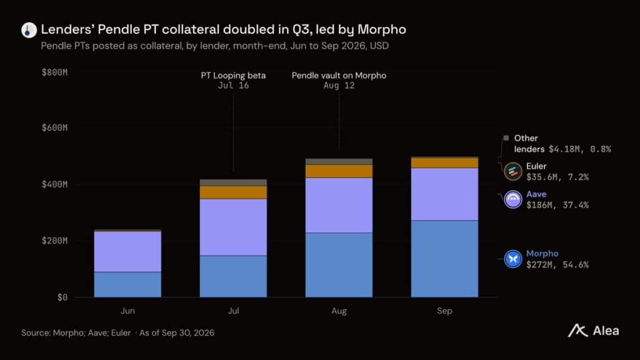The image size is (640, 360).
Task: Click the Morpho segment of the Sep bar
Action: pos(444,259)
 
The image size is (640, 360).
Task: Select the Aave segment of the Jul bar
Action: pos(233,227)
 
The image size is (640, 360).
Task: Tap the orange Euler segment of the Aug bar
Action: pos(339,171)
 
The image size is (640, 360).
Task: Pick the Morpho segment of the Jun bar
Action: pos(127,284)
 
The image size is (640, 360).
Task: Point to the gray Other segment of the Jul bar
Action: pos(233,183)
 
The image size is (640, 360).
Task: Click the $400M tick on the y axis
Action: pos(55,184)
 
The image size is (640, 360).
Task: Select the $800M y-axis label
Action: pos(55,72)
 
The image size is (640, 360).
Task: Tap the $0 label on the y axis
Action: pos(62,297)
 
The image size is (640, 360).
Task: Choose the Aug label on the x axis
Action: pos(339,311)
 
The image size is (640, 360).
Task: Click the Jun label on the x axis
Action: pos(127,311)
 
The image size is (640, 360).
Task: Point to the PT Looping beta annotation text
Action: pos(233,76)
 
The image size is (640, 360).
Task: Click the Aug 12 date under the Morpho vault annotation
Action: pos(339,86)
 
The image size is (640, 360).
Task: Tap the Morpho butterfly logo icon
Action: pos(513,259)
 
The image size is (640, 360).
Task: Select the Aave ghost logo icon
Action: pos(513,199)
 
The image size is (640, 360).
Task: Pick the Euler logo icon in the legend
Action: pos(513,171)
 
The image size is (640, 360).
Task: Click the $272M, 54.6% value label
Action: pos(557,264)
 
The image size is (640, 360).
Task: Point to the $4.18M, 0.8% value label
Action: pos(579,149)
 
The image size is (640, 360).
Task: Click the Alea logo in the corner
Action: pos(593,331)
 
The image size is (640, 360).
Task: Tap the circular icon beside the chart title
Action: pos(29,30)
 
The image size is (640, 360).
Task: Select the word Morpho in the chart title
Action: pos(382,29)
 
